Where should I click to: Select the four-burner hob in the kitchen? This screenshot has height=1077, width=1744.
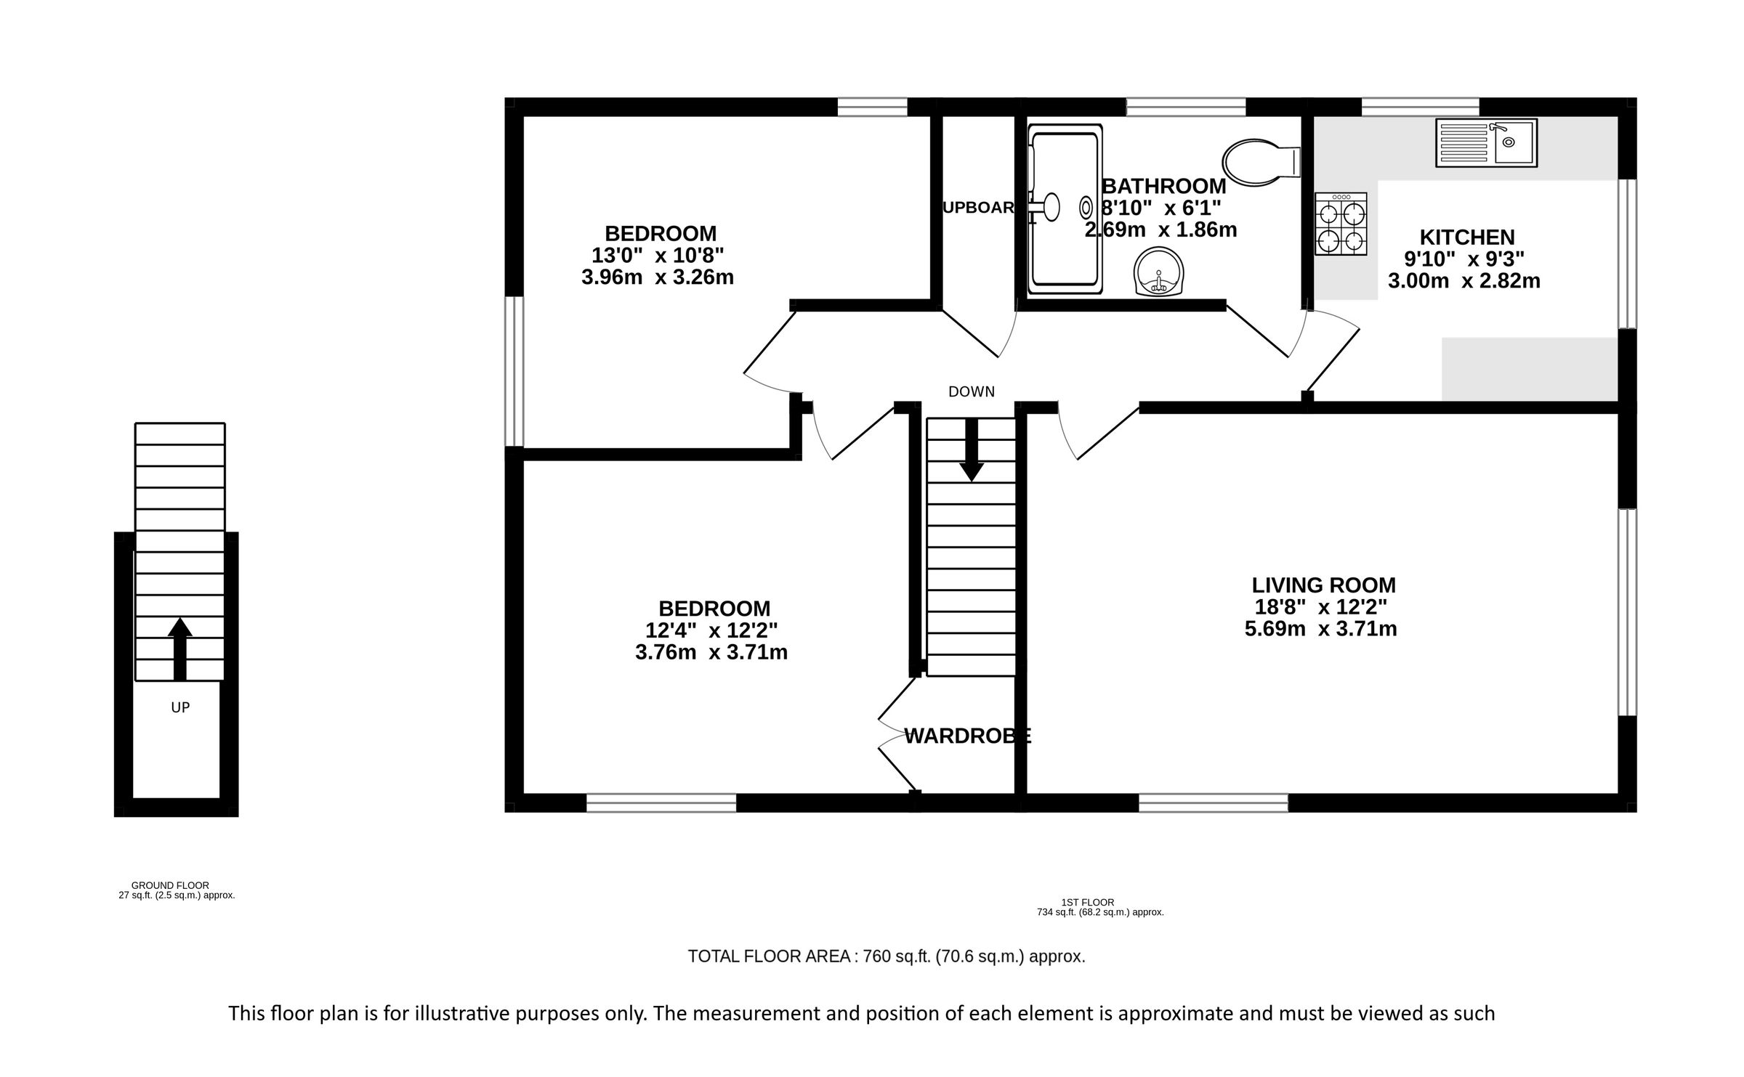1341,224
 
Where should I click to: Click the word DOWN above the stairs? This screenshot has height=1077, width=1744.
971,392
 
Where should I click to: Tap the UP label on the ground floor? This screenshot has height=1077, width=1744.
179,707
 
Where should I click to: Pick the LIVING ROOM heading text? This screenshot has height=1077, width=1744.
1323,585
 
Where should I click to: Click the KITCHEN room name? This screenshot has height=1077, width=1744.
1466,237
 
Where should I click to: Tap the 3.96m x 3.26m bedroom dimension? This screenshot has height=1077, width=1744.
657,277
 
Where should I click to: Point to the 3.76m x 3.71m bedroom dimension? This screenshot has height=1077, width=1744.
711,652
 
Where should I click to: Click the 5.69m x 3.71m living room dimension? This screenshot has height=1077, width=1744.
1320,629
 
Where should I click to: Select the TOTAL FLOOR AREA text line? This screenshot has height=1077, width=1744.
886,956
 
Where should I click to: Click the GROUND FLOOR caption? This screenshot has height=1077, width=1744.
170,885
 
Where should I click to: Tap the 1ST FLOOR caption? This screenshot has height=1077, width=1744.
1087,903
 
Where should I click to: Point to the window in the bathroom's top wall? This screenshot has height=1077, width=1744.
1185,107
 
